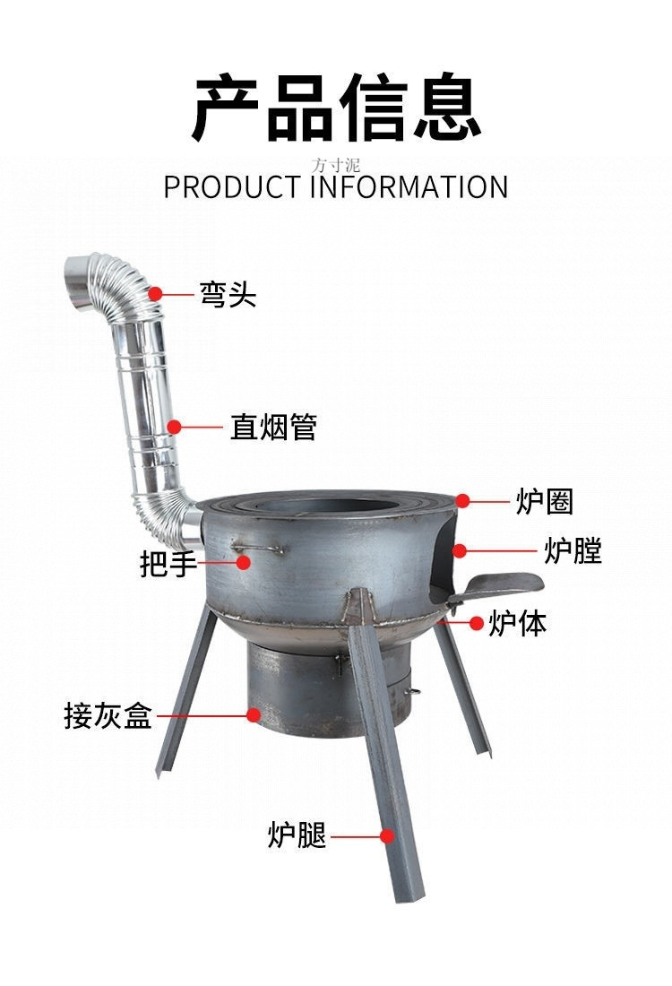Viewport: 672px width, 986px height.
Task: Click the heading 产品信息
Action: pos(336,108)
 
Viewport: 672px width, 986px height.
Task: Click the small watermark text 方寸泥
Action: pos(336,164)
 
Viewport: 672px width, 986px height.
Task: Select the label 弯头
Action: pos(228,293)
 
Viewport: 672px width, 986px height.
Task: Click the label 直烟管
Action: pos(273,428)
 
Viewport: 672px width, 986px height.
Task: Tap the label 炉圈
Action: pos(544,501)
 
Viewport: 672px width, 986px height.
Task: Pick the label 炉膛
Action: pos(573,550)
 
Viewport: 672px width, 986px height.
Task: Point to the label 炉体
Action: pos(517,623)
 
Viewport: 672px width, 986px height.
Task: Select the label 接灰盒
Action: pos(108,716)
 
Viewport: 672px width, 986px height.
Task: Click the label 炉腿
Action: pos(297,835)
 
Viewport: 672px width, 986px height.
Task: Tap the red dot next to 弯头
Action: pos(156,293)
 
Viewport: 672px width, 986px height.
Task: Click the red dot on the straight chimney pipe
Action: pos(175,428)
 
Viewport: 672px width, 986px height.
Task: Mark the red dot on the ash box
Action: pos(254,715)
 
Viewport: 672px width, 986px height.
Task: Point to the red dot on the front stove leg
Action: pos(387,835)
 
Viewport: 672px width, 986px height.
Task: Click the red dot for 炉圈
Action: pos(462,500)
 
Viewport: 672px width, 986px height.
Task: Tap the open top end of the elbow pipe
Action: pos(76,270)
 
